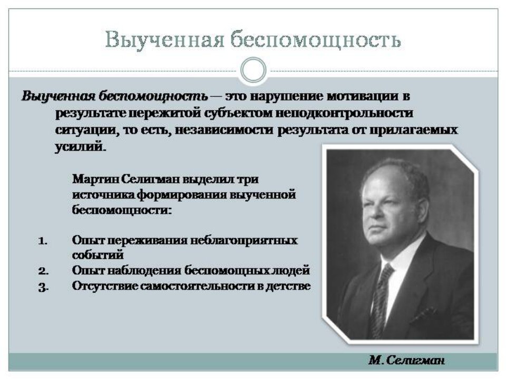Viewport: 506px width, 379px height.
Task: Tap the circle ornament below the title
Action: (253, 69)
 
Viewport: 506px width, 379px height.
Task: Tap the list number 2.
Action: (43, 271)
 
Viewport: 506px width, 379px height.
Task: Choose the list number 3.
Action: (43, 286)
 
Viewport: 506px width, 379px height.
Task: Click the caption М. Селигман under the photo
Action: (406, 361)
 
